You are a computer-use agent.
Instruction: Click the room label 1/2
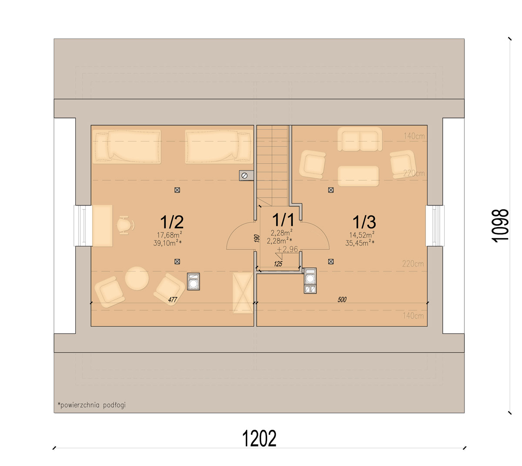pos(172,222)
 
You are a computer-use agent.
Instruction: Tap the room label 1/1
pos(283,220)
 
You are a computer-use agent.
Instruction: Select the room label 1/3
pos(364,222)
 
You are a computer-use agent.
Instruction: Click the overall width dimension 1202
pos(259,438)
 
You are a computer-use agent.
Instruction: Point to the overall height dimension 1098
pos(500,225)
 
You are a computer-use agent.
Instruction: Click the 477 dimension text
pos(173,300)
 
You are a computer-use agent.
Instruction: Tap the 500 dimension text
pos(342,300)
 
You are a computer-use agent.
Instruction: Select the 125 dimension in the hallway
pos(278,264)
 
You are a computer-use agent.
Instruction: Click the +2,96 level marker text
pos(287,249)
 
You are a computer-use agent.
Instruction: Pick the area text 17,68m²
pos(170,235)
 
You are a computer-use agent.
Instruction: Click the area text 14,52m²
pos(362,235)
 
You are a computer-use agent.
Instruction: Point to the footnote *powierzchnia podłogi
pos(92,405)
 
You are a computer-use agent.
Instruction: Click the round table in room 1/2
pos(137,278)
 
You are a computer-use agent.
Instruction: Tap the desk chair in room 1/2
pos(126,225)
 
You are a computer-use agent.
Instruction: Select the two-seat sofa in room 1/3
pos(360,139)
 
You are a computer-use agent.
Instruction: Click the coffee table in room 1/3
pos(358,176)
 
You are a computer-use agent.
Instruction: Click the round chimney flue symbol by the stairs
pos(244,176)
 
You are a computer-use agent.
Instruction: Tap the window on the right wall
pos(435,226)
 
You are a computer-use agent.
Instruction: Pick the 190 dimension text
pos(257,238)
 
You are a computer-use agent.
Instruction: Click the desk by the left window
pos(103,226)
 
